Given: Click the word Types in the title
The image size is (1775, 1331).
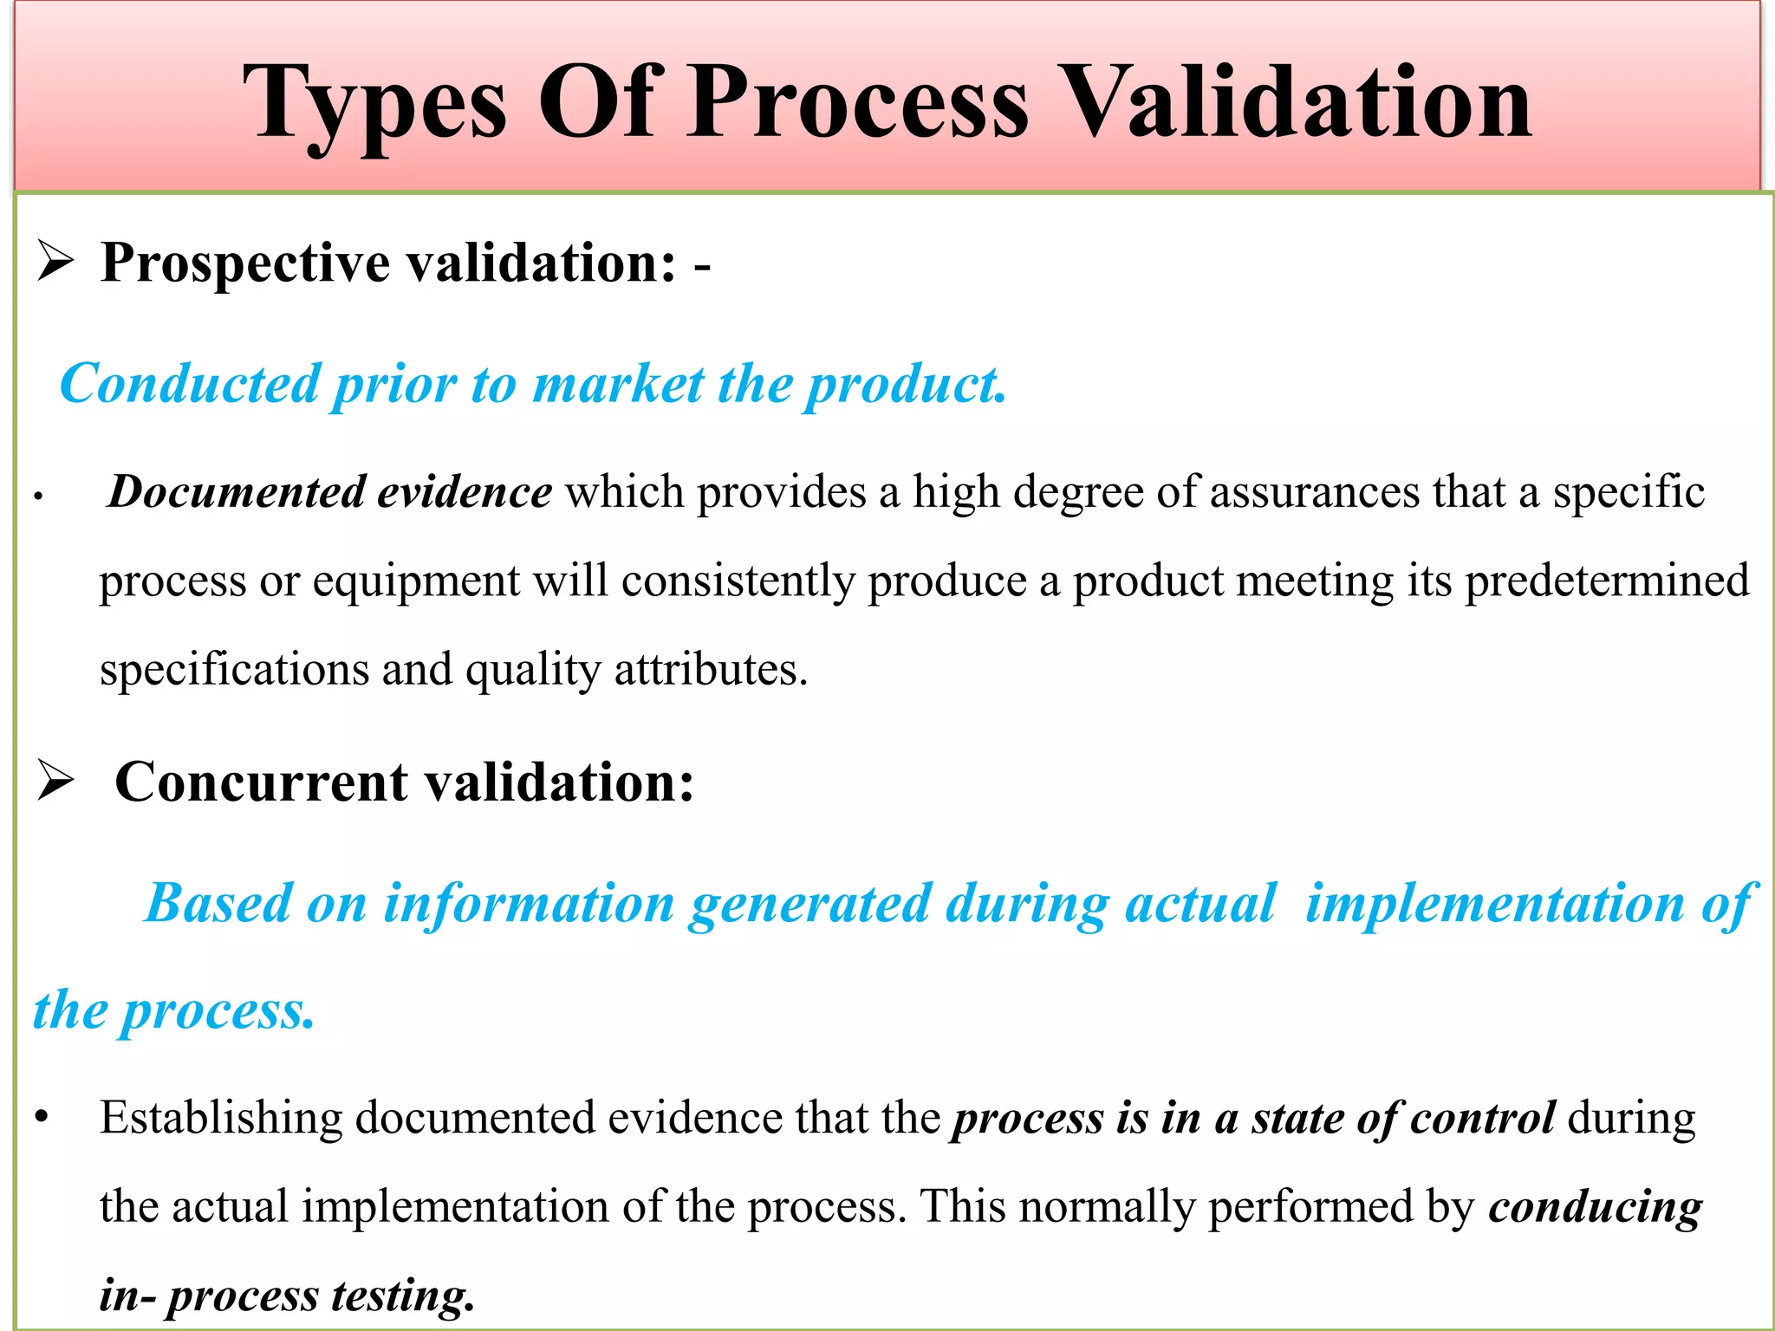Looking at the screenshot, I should pyautogui.click(x=374, y=104).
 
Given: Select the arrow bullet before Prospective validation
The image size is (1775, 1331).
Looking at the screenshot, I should pyautogui.click(x=55, y=262).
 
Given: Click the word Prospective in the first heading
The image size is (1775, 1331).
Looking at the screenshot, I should pyautogui.click(x=245, y=263).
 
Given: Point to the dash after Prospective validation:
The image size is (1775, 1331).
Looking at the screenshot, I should pyautogui.click(x=702, y=265).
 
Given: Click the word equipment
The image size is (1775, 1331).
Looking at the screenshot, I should pyautogui.click(x=416, y=581).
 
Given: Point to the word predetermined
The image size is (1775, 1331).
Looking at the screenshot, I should pyautogui.click(x=1607, y=581).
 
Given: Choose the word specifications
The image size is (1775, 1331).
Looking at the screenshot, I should pyautogui.click(x=234, y=671).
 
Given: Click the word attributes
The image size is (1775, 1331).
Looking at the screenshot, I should pyautogui.click(x=711, y=671).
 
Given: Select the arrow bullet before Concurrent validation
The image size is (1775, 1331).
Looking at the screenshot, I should pyautogui.click(x=55, y=782).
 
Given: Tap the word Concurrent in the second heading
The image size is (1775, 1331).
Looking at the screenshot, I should pyautogui.click(x=262, y=782).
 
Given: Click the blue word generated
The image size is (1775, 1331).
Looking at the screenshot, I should pyautogui.click(x=809, y=904).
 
